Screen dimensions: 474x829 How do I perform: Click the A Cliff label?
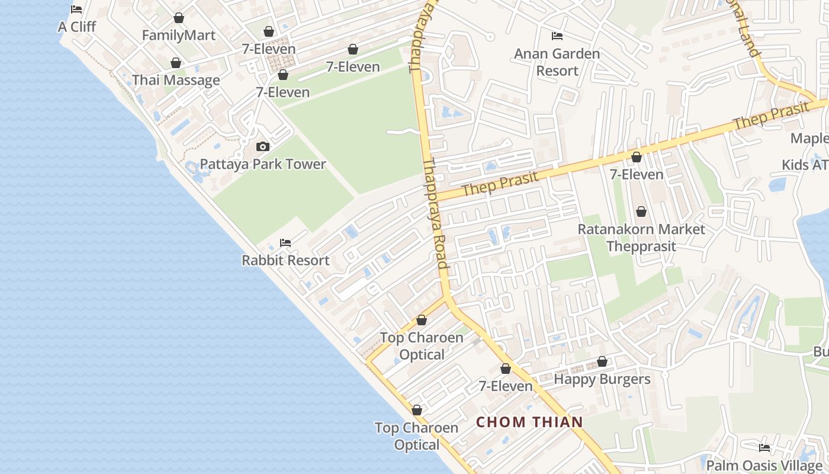tap(76, 27)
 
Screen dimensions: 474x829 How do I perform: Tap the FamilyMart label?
tap(178, 36)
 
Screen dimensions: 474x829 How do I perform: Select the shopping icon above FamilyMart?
tap(178, 18)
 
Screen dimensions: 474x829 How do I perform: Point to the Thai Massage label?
tap(176, 81)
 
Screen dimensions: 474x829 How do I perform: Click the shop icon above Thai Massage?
tap(176, 63)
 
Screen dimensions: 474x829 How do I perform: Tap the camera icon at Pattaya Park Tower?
tap(262, 146)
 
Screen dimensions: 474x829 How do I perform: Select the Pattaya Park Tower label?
tap(263, 164)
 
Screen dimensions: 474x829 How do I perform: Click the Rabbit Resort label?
tap(285, 260)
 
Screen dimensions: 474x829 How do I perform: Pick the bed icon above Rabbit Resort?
tap(285, 243)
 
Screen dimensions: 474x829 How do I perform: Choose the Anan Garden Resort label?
tap(557, 62)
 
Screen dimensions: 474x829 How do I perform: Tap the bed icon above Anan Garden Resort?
tap(557, 36)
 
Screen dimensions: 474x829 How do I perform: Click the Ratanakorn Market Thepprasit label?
tap(641, 238)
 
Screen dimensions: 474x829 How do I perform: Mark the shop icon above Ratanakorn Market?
tap(641, 212)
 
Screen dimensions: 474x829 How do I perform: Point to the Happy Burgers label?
tap(602, 379)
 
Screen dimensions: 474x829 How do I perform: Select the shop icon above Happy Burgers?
tap(602, 361)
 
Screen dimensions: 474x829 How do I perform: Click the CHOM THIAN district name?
tap(529, 422)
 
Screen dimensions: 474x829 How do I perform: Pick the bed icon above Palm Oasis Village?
tap(764, 448)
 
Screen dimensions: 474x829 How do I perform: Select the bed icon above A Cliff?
tap(76, 9)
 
